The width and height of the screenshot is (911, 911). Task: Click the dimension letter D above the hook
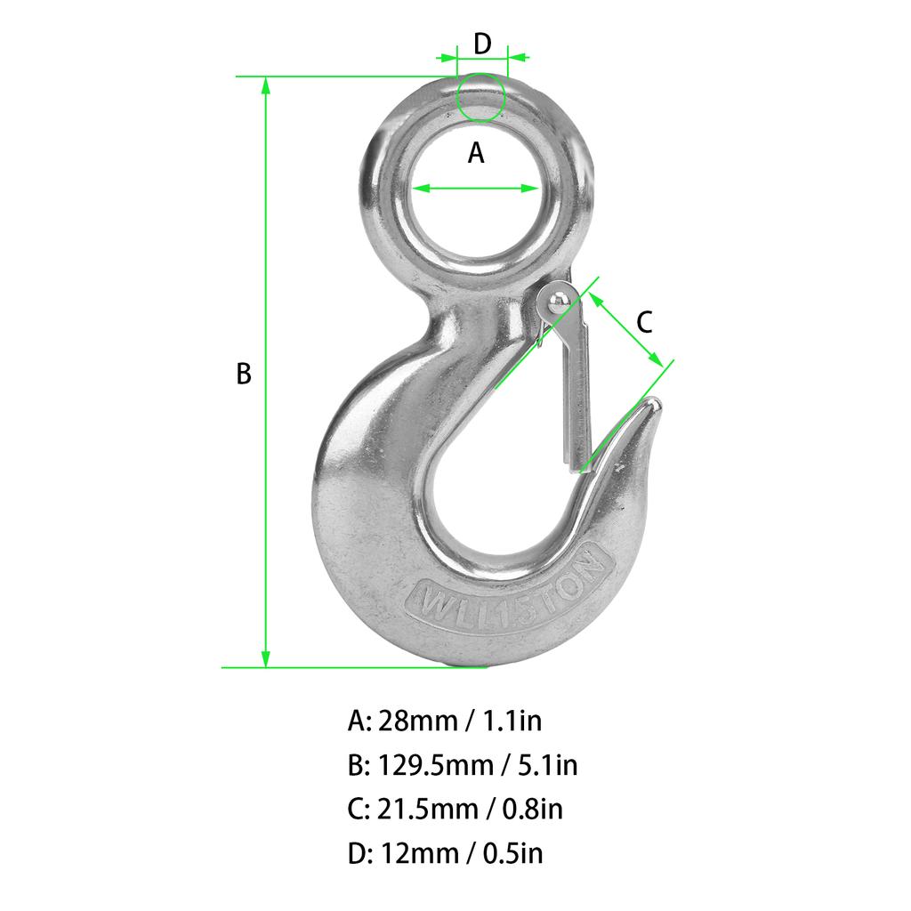[481, 43]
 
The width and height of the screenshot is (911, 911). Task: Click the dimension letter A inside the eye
[476, 153]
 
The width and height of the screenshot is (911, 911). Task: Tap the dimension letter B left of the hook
[244, 374]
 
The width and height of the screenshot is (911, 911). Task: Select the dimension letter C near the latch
[646, 321]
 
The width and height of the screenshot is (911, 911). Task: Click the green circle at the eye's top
[480, 96]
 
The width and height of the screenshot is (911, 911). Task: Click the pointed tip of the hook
[655, 405]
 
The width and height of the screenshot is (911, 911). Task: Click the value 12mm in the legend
[417, 853]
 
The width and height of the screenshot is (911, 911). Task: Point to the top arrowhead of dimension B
[265, 85]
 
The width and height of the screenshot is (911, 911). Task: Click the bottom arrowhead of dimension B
[265, 659]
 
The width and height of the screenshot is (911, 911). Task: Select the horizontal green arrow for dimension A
[476, 188]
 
